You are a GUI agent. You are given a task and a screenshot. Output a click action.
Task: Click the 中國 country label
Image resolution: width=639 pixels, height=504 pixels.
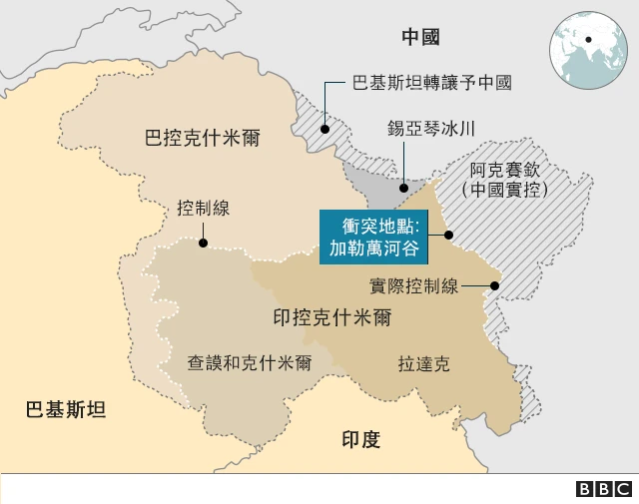(x=420, y=38)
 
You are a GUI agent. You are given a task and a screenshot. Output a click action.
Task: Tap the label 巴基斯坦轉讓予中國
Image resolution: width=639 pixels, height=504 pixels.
(x=432, y=83)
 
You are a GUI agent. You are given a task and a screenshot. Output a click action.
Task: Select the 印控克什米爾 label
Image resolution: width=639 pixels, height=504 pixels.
(x=331, y=318)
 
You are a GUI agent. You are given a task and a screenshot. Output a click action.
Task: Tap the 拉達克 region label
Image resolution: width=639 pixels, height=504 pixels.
(x=423, y=363)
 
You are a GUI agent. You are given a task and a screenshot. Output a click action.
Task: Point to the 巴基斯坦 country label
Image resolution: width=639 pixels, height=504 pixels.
(x=65, y=409)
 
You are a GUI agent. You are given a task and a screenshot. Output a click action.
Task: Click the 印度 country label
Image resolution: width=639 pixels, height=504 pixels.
(x=360, y=439)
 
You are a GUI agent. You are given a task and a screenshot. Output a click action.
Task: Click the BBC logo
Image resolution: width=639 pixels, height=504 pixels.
(x=604, y=488)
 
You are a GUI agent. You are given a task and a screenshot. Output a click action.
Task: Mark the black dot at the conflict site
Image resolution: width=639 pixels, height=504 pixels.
(x=449, y=236)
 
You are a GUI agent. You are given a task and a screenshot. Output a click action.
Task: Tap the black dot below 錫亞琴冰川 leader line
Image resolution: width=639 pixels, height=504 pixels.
(x=403, y=186)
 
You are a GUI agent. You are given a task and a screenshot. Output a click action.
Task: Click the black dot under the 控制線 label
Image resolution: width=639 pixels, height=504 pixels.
(x=203, y=242)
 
